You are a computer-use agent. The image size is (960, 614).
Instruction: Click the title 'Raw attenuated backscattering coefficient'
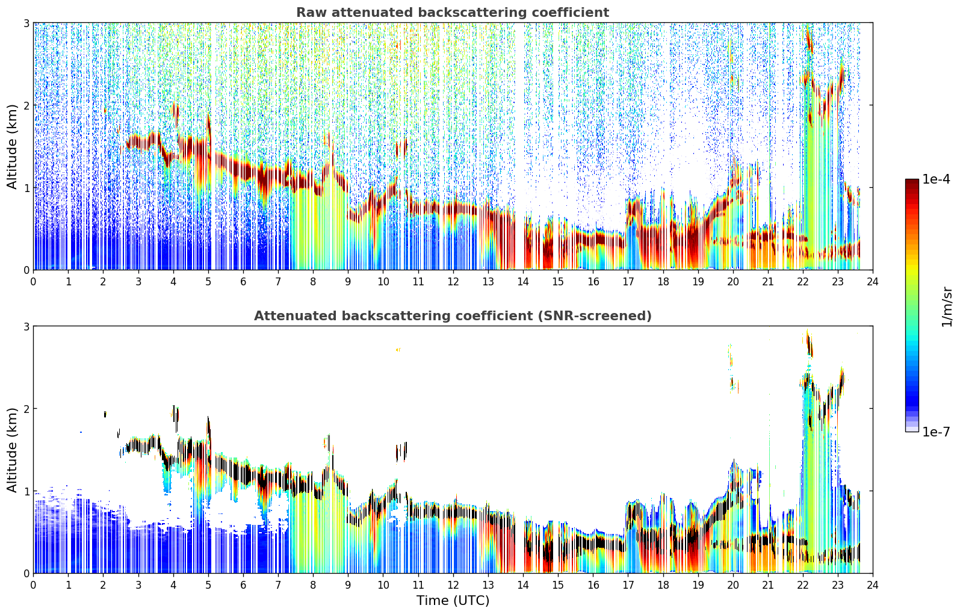pos(453,13)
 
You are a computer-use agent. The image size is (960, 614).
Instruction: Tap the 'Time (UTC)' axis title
pos(453,601)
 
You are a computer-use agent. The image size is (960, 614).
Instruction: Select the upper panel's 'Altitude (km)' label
pos(12,147)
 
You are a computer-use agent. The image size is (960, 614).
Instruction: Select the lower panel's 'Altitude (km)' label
pos(12,450)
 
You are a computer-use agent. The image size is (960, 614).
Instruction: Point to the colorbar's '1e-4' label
pos(936,179)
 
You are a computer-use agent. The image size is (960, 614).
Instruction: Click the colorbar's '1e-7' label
pos(936,432)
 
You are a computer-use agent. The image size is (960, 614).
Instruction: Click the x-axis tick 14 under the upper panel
pos(523,282)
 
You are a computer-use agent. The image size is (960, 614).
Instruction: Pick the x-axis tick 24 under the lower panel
pos(873,585)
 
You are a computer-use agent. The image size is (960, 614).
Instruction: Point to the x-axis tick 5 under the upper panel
pos(208,282)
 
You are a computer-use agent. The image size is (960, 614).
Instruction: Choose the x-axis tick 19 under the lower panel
pos(698,585)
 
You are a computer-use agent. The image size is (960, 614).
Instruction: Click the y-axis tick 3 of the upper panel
pos(26,23)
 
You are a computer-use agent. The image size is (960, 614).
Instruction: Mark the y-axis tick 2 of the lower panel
pos(26,409)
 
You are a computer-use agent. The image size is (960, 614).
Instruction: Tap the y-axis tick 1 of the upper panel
pos(26,188)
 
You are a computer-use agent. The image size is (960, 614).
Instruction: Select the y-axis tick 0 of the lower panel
pos(26,574)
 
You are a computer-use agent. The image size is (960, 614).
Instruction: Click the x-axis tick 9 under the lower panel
pos(348,585)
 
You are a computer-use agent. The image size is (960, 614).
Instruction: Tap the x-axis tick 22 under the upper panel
pos(803,282)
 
